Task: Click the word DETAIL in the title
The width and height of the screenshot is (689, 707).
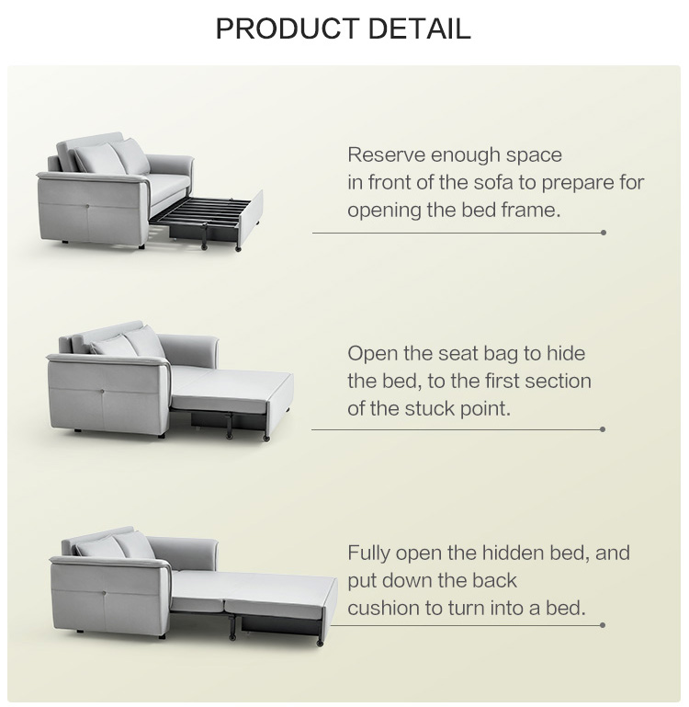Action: (419, 29)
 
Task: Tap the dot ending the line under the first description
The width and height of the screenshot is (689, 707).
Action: (604, 233)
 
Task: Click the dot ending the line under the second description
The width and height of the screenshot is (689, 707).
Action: (604, 429)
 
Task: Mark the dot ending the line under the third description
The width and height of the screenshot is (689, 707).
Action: (604, 625)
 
